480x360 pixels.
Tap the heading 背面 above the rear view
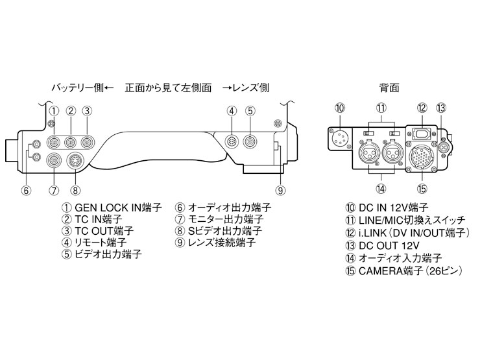coord(389,87)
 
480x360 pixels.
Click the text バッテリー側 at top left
coord(77,87)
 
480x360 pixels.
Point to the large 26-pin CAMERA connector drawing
coord(422,158)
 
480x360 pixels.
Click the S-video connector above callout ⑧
coord(75,161)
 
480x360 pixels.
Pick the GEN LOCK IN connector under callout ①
coord(55,139)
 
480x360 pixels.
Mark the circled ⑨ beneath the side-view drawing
coord(280,190)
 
